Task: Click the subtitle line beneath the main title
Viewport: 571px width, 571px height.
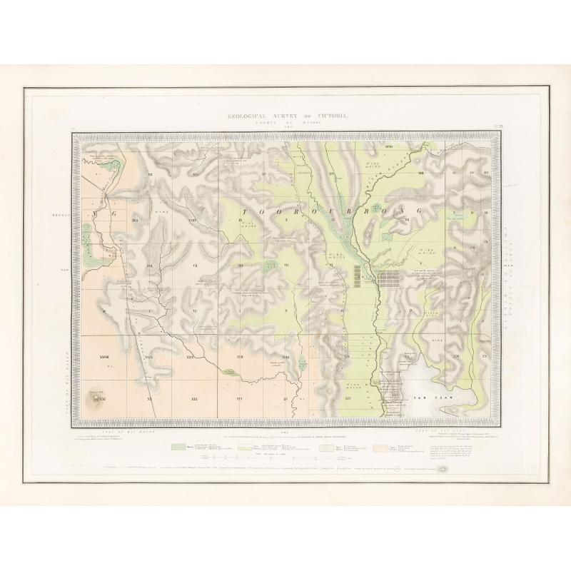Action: tap(285, 123)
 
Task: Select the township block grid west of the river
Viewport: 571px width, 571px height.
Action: tap(358, 277)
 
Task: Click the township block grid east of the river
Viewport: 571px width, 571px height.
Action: tap(390, 277)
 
